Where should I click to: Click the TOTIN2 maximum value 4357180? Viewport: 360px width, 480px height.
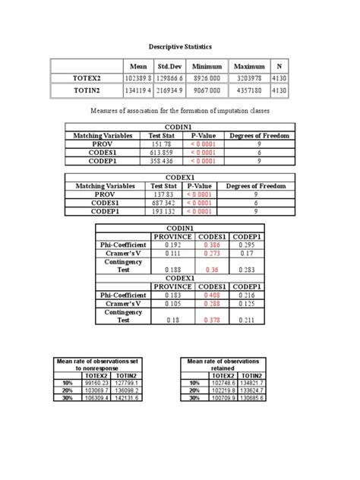[249, 91]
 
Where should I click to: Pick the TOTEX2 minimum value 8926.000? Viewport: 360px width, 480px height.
[207, 78]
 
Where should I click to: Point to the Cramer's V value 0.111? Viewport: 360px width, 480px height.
[173, 254]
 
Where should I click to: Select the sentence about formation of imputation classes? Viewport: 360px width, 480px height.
[180, 112]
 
